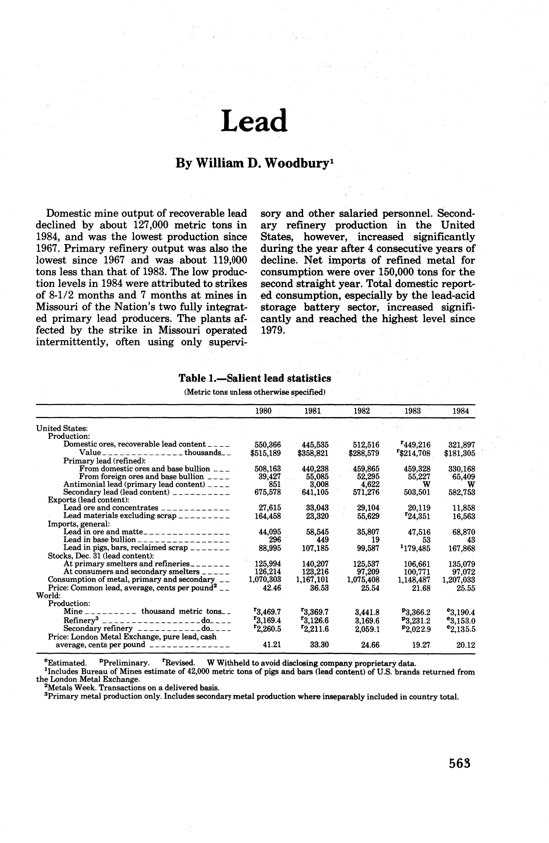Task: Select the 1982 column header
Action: (x=362, y=411)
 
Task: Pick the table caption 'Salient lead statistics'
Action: (x=279, y=378)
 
